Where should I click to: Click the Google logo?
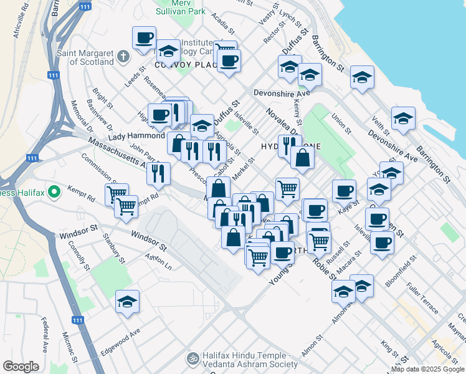(21, 367)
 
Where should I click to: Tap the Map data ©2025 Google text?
(427, 369)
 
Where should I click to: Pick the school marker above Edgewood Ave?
(128, 302)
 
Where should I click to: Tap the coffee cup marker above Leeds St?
(144, 38)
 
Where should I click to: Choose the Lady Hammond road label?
(136, 136)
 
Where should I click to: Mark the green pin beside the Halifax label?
(54, 191)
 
